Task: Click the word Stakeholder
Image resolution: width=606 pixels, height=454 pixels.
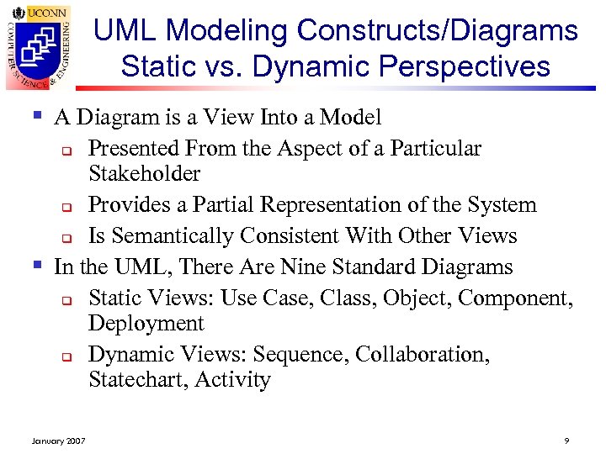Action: (144, 174)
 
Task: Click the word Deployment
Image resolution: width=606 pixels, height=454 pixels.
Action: (146, 324)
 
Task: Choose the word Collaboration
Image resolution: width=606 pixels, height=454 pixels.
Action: (422, 355)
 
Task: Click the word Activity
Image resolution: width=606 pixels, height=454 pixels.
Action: (232, 380)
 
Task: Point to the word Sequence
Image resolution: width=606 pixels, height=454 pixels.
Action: (300, 355)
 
